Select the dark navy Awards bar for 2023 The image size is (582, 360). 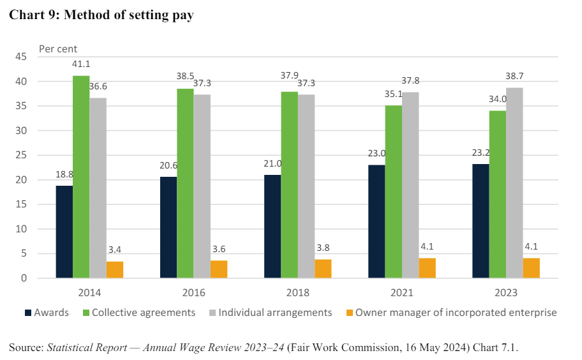pos(481,221)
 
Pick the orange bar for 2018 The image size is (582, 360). pos(323,269)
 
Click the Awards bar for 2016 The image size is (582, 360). pos(168,227)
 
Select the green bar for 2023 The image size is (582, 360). pos(497,194)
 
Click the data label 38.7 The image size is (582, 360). pos(514,76)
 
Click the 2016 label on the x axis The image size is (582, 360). pos(193,293)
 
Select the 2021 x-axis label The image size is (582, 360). pos(402,293)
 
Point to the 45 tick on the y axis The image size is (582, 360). pos(20,57)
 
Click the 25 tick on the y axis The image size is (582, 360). pos(20,155)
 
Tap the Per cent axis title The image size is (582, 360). pos(58,49)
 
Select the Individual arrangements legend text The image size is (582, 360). pos(275,313)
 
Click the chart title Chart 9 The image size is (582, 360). pos(101,16)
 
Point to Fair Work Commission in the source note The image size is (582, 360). pos(377,347)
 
